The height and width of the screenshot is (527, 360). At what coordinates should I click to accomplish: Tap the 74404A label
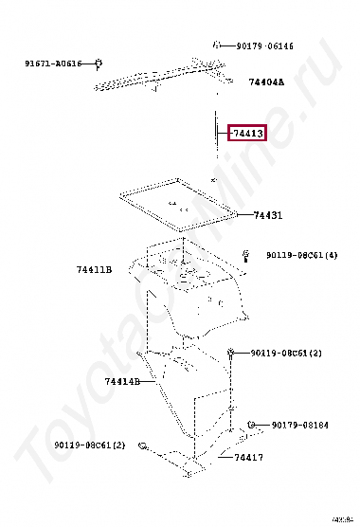(x=266, y=82)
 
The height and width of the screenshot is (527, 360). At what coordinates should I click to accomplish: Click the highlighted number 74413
(x=246, y=134)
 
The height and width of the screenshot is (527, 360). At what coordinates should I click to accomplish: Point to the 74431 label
(x=268, y=215)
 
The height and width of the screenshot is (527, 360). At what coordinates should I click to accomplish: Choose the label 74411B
(x=94, y=269)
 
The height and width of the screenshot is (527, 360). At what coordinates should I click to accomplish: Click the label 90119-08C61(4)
(x=301, y=255)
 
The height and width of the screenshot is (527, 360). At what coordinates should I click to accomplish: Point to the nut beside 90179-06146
(x=217, y=44)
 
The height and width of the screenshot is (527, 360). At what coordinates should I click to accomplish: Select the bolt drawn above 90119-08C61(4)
(x=244, y=253)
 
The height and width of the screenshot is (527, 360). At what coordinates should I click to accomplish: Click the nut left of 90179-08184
(x=252, y=425)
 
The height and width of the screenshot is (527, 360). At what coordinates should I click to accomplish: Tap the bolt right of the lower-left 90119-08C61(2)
(x=142, y=444)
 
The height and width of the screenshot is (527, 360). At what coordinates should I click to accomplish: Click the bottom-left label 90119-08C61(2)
(x=89, y=445)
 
